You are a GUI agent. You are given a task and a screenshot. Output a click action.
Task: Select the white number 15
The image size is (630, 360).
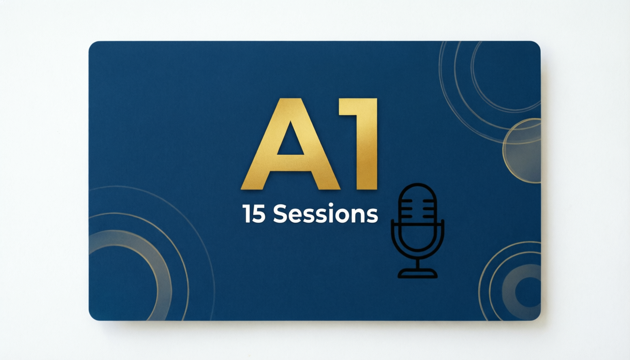[x=254, y=214]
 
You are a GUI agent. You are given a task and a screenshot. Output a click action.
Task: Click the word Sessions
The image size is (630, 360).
[x=325, y=214]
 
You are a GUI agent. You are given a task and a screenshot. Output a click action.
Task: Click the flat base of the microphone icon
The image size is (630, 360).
[x=417, y=274]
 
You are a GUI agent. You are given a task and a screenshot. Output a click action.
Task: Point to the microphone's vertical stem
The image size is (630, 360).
[x=417, y=264]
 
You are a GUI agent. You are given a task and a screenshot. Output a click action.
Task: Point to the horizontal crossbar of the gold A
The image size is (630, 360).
[x=291, y=163]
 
